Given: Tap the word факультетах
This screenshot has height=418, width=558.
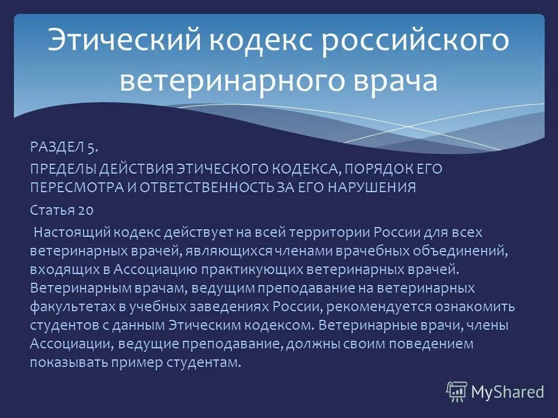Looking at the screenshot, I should coord(67,307).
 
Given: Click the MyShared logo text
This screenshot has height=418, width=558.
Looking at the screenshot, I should coord(507,391).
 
